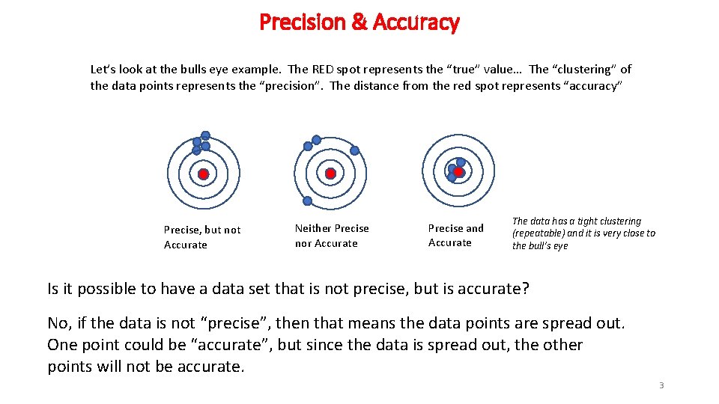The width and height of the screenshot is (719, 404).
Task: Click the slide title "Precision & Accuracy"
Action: [359, 22]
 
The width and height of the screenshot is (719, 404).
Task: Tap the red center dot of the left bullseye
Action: [202, 174]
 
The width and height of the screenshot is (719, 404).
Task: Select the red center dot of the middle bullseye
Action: [330, 174]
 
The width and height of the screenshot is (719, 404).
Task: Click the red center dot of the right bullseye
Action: [458, 172]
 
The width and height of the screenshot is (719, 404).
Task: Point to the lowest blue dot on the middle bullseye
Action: [307, 201]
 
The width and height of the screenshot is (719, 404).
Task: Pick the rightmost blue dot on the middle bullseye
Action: [355, 150]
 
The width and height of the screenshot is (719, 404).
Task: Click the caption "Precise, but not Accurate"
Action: [201, 237]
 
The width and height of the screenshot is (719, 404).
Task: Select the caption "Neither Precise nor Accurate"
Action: [331, 236]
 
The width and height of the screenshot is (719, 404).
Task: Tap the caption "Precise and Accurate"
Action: [455, 235]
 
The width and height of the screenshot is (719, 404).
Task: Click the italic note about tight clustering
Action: [583, 233]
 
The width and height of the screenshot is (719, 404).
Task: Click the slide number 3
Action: [661, 385]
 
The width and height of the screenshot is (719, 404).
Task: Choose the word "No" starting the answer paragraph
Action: [56, 323]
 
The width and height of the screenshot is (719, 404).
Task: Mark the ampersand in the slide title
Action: [359, 22]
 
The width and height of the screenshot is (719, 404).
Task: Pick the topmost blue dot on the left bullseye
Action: [205, 136]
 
